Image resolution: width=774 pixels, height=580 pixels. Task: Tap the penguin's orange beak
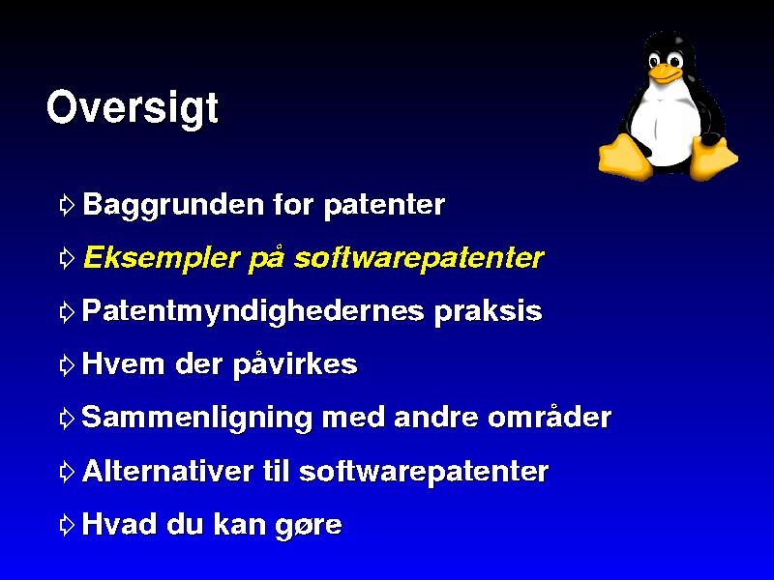(665, 73)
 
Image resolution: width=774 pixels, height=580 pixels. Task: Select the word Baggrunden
(173, 205)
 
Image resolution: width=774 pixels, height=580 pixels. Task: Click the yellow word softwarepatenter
(419, 258)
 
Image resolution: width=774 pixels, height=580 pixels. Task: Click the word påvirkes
(295, 365)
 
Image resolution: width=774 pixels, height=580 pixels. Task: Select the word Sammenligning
(197, 419)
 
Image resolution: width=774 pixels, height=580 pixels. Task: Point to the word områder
(550, 417)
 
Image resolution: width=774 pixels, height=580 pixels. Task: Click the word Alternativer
(167, 472)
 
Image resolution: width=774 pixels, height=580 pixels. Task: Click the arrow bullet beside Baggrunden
(67, 205)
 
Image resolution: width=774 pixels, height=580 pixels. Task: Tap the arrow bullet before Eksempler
(67, 258)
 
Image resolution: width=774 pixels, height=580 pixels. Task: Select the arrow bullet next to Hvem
(67, 365)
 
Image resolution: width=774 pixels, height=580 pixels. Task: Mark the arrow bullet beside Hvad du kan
(67, 525)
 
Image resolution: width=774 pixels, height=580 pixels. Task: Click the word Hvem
(124, 364)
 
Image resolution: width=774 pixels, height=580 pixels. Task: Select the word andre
(436, 418)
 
